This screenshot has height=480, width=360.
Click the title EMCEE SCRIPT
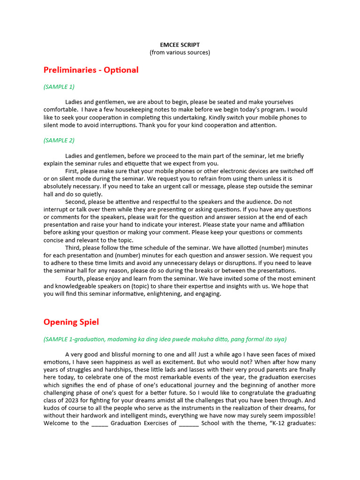coord(180,45)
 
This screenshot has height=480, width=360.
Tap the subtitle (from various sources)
coord(180,52)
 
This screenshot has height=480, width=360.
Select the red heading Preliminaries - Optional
coord(91,70)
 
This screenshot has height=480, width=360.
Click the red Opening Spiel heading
coord(71,322)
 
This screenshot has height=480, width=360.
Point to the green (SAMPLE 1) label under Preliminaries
coord(59,87)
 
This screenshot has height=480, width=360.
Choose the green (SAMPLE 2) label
coord(59,140)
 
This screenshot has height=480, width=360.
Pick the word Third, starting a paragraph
coord(74,248)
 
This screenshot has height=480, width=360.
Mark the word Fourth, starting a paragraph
coord(76,278)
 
